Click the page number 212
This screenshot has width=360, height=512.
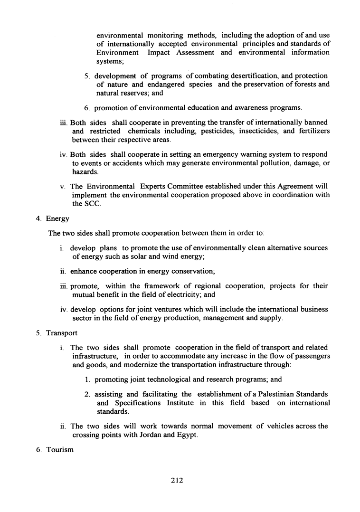(x=177, y=480)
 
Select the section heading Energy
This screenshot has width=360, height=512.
(x=57, y=218)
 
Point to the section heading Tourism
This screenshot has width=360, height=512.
(x=60, y=449)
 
